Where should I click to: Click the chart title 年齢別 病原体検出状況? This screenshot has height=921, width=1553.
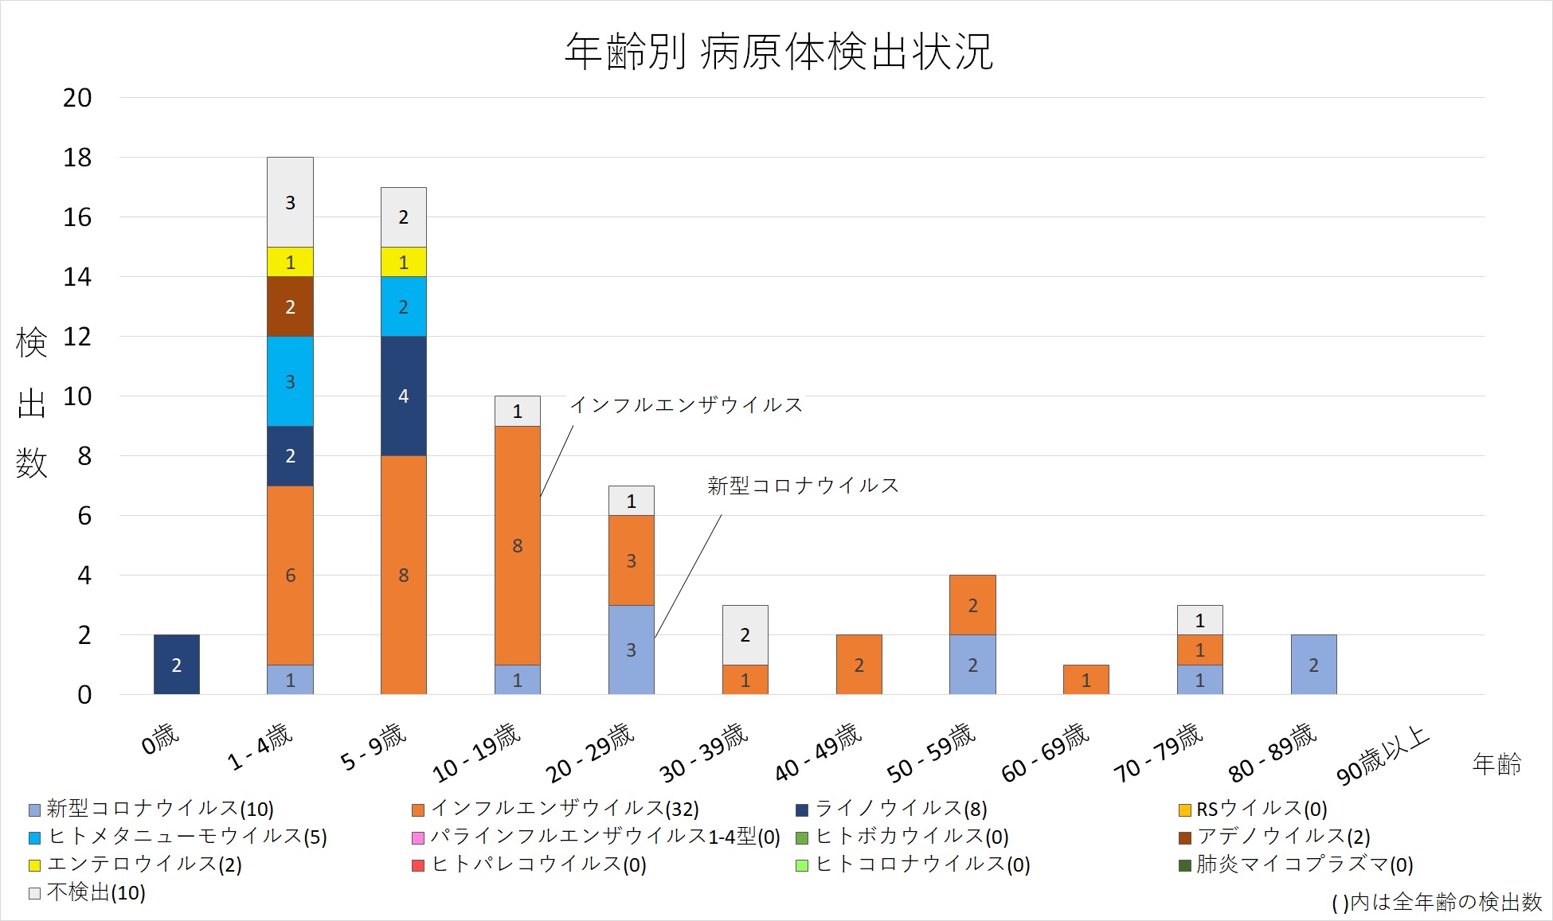click(x=779, y=52)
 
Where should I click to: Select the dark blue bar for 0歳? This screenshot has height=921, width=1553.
click(x=176, y=665)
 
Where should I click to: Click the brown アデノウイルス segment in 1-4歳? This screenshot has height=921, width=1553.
click(x=290, y=306)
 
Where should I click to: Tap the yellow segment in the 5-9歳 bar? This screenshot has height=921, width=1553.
click(x=403, y=262)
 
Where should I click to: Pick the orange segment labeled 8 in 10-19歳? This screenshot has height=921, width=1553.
click(x=517, y=545)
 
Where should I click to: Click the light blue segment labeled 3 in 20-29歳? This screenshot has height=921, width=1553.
click(x=631, y=650)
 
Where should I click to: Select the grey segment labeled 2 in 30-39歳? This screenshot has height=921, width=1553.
click(x=745, y=634)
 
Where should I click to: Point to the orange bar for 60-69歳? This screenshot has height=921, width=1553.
click(x=1086, y=680)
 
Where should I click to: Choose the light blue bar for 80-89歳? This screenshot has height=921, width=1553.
click(x=1313, y=665)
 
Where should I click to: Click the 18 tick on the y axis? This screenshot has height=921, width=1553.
click(x=77, y=158)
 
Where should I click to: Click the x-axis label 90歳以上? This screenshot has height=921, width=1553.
click(x=1383, y=755)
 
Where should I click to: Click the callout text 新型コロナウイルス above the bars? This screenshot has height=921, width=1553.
click(x=803, y=486)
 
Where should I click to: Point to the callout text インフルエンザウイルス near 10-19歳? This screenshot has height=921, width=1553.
click(x=686, y=405)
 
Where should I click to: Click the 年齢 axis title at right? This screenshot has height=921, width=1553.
click(x=1496, y=764)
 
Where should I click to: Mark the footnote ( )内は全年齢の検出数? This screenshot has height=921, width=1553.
click(x=1437, y=902)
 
